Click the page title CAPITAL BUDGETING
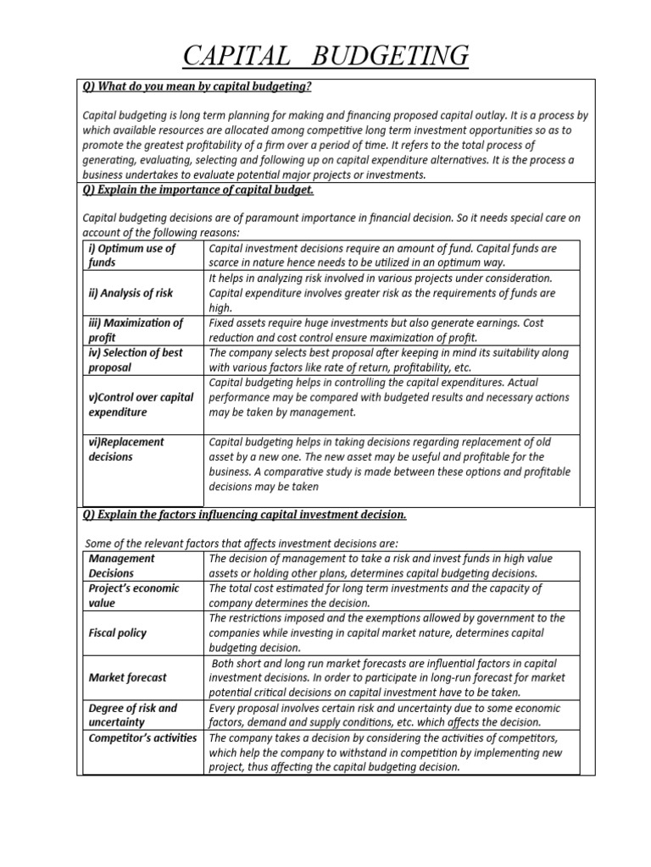pyautogui.click(x=325, y=56)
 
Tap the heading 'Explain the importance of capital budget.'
pyautogui.click(x=198, y=189)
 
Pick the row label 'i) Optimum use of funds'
pyautogui.click(x=131, y=255)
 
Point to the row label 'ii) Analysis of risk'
pyautogui.click(x=131, y=293)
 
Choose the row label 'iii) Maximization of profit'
pyautogui.click(x=136, y=330)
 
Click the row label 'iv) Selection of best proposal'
pyautogui.click(x=136, y=360)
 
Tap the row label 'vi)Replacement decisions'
pyautogui.click(x=126, y=450)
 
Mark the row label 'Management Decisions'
pyautogui.click(x=122, y=566)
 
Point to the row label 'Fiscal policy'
pyautogui.click(x=118, y=632)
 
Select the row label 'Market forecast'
pyautogui.click(x=127, y=677)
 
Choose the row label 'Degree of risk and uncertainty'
pyautogui.click(x=132, y=715)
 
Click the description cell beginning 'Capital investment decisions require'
pyautogui.click(x=382, y=255)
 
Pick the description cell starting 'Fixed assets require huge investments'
pyautogui.click(x=376, y=330)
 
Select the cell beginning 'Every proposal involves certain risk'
pyautogui.click(x=386, y=715)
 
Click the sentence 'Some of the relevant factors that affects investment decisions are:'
pyautogui.click(x=242, y=543)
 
